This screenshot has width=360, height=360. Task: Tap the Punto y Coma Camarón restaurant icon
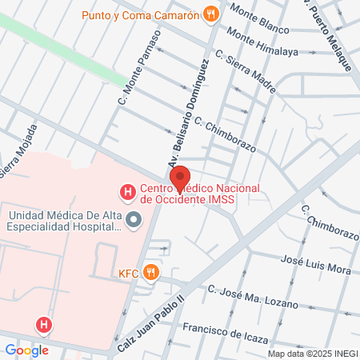(211, 13)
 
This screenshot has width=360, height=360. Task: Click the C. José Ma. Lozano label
(252, 297)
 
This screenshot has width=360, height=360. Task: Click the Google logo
(26, 350)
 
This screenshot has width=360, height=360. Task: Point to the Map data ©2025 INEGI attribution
(311, 354)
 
